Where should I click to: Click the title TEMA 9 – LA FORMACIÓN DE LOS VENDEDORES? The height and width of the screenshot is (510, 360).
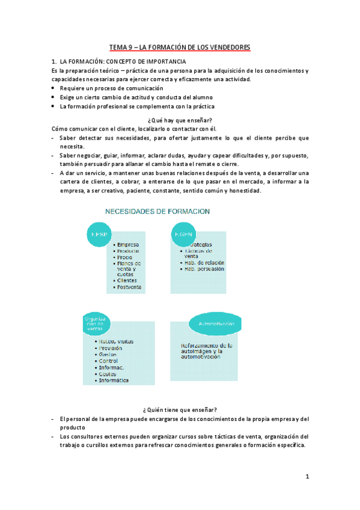click(180, 46)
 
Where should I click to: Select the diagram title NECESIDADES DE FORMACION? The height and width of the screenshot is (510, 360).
click(157, 211)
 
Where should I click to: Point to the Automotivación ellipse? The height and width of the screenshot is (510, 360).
click(215, 324)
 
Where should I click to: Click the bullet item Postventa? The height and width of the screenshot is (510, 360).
click(129, 287)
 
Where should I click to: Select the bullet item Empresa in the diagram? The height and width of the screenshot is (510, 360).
click(128, 245)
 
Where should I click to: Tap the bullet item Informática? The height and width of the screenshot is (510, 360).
click(114, 381)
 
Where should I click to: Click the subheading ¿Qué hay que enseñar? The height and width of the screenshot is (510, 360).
click(180, 120)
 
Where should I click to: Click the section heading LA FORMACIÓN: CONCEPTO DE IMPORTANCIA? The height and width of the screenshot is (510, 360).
click(123, 62)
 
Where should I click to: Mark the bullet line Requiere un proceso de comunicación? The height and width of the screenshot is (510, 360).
click(105, 88)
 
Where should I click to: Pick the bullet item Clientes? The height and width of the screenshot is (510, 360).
click(127, 280)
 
